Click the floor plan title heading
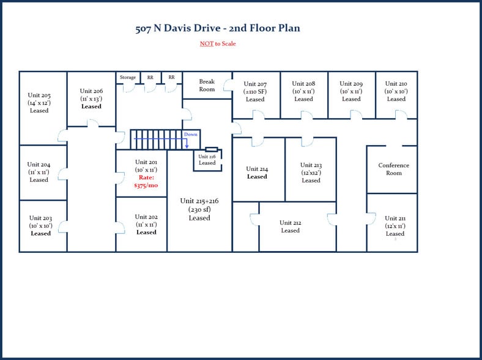pos(217,29)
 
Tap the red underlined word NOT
pos(206,44)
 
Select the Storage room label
pos(128,78)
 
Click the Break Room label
pos(207,85)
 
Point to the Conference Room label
pos(393,169)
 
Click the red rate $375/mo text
pos(146,181)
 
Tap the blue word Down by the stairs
pos(191,134)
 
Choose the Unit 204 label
pos(39,165)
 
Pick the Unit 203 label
pos(40,219)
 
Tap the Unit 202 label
pos(146,217)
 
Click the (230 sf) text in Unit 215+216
pos(199,209)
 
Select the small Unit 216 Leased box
pos(207,160)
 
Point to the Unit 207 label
pos(255,84)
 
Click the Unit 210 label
pos(396,83)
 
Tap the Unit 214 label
pos(257,169)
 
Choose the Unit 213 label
pos(311,165)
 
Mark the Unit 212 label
pos(290,223)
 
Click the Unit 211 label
pos(395,219)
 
